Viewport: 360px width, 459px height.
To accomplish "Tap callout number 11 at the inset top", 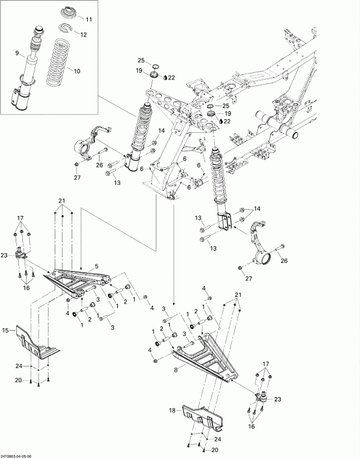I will click(x=89, y=20).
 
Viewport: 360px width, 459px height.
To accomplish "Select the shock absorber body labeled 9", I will click(x=28, y=65).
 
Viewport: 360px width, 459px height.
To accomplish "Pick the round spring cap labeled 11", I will click(x=68, y=14).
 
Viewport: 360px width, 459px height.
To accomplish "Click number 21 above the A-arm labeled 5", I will click(x=62, y=199).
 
